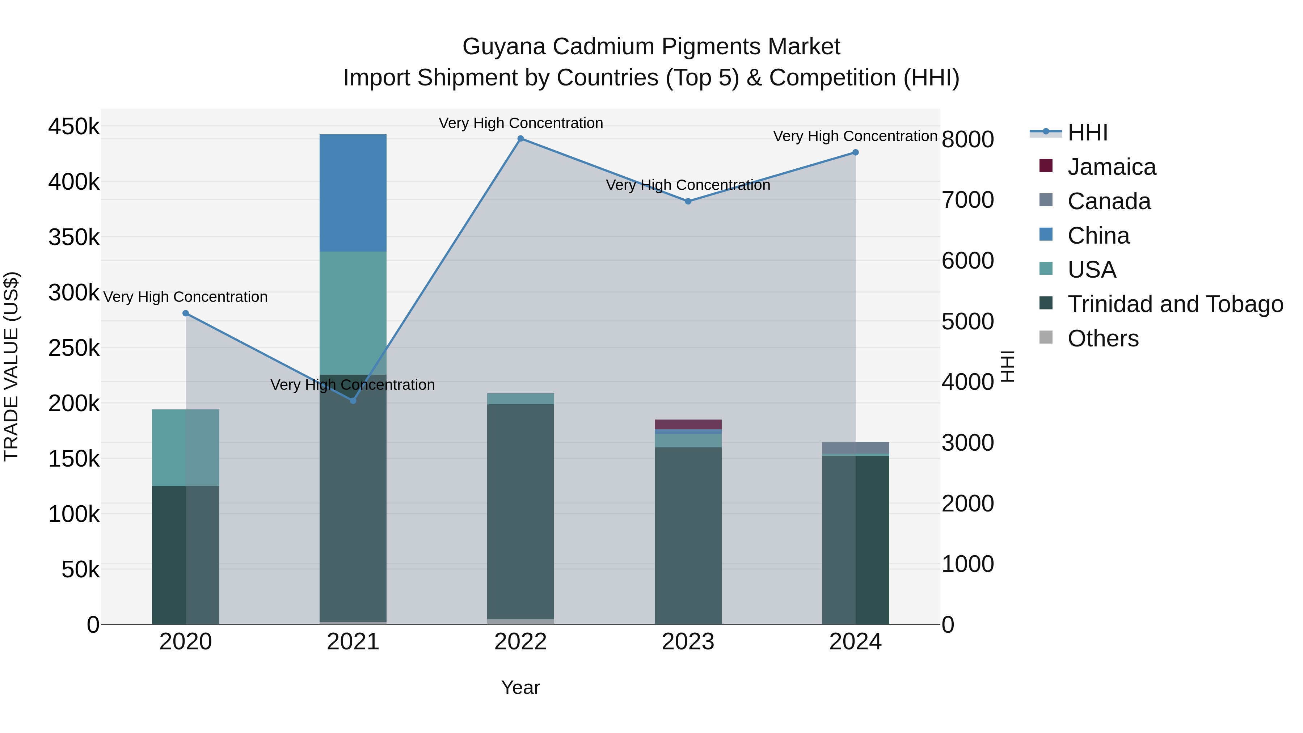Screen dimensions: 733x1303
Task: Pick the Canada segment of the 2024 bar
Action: click(855, 448)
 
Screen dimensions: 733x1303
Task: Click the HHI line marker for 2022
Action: click(520, 139)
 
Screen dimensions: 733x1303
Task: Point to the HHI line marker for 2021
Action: click(353, 401)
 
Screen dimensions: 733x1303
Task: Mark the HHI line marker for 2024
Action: click(855, 152)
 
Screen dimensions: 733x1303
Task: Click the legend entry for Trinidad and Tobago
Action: click(1175, 304)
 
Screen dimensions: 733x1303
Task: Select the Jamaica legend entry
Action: click(1111, 167)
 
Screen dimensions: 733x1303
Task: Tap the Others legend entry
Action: click(1103, 338)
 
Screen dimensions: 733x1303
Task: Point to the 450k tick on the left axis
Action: click(74, 126)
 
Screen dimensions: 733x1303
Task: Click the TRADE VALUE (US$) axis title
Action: click(11, 366)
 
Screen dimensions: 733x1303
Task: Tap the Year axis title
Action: click(520, 687)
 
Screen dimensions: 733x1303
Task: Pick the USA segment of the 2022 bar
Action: click(520, 399)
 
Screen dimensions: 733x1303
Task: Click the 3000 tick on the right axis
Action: click(967, 443)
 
